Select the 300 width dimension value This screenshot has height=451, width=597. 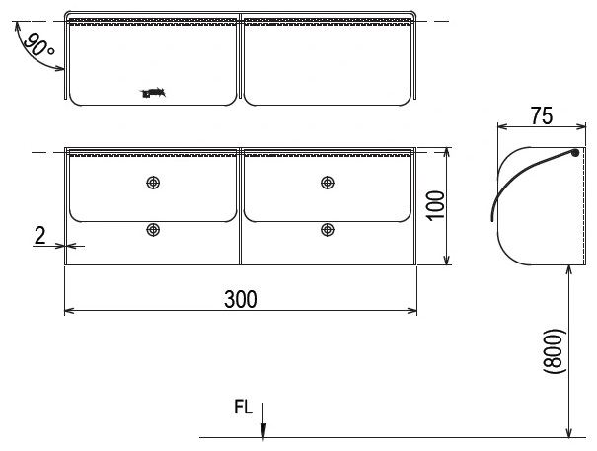(x=240, y=299)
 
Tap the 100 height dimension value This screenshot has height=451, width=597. (x=436, y=206)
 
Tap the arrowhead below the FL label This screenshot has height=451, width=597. (x=263, y=429)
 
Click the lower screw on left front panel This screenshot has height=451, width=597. (x=152, y=230)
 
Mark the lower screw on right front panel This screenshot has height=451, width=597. (x=327, y=230)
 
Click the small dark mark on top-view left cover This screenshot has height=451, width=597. (x=153, y=94)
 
